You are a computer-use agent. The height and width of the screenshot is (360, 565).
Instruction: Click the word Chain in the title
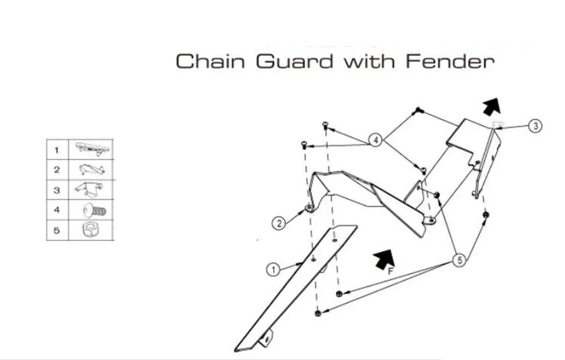tap(210, 61)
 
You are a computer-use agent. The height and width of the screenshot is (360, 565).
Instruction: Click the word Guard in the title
tap(295, 61)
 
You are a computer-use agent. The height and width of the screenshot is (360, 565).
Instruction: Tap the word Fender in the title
tap(450, 61)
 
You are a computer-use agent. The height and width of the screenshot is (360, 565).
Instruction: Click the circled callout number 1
tap(274, 270)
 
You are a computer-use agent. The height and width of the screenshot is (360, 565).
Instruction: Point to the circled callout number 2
tap(279, 223)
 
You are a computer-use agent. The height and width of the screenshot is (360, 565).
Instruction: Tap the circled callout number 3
tap(535, 126)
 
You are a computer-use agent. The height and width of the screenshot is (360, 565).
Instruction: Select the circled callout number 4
tap(376, 139)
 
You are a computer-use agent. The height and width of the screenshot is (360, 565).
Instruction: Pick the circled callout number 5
tap(460, 259)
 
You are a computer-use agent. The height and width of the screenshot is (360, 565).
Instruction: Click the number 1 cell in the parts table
tap(57, 150)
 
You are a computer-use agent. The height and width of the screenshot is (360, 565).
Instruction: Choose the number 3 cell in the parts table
tap(57, 190)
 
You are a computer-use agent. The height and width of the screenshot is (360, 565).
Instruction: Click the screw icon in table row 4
tap(94, 210)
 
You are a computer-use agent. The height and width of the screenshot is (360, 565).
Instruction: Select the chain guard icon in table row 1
tap(92, 149)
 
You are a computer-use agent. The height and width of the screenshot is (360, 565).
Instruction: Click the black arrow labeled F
tap(384, 258)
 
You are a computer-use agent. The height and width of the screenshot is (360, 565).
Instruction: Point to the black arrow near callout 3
tap(492, 107)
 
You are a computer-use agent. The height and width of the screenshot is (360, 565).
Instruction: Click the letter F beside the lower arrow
tap(391, 271)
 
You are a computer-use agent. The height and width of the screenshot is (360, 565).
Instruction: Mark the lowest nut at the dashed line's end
tap(318, 313)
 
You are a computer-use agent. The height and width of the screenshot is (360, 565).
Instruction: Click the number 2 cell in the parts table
tap(57, 170)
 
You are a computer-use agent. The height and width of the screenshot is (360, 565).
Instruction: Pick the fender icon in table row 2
tap(92, 169)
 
